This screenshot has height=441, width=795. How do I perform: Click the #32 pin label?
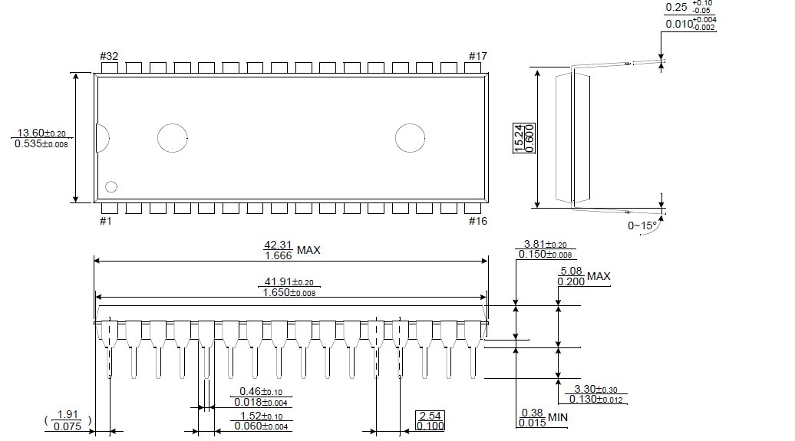(109, 56)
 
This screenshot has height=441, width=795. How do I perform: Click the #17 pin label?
(479, 56)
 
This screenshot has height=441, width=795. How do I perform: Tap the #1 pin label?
(106, 221)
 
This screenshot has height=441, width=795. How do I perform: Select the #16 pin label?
(479, 221)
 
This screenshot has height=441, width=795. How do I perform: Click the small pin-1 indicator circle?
(111, 186)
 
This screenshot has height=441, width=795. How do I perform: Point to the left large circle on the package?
(173, 137)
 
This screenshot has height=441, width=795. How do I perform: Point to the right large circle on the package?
(411, 137)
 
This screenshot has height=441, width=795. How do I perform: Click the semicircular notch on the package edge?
(101, 138)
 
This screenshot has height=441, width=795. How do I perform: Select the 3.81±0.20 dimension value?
(545, 245)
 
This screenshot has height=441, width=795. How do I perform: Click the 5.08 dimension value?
(572, 271)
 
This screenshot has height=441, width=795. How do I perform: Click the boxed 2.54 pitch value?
(430, 416)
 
